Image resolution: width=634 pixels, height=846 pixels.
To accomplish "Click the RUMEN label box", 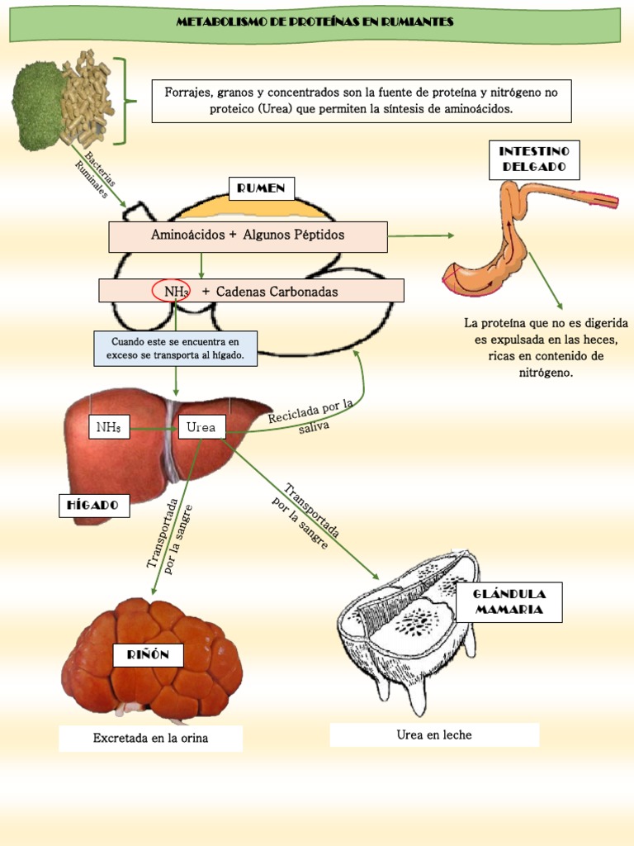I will [261, 188].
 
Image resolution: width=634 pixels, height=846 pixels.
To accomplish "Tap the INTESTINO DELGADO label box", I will [534, 159].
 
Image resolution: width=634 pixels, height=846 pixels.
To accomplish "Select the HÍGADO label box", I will [93, 504].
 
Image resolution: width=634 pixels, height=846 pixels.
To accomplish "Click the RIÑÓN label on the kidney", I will [148, 655].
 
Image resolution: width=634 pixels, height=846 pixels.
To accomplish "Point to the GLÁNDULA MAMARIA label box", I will [508, 602].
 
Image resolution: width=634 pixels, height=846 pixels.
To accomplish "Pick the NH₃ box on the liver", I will [109, 427].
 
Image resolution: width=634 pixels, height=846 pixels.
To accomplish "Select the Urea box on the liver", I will [201, 427].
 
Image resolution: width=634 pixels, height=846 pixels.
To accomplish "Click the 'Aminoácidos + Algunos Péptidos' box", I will [248, 236].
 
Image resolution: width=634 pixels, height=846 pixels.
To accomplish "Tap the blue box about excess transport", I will [175, 349].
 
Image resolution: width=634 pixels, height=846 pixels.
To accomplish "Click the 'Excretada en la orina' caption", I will [150, 739].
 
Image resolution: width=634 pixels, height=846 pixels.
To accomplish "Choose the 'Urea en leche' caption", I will [434, 734].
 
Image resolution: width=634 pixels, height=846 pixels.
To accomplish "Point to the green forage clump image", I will [38, 106].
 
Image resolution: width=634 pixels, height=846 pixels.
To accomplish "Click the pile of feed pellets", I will [87, 97].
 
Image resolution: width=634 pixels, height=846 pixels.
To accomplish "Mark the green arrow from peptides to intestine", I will [420, 235].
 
